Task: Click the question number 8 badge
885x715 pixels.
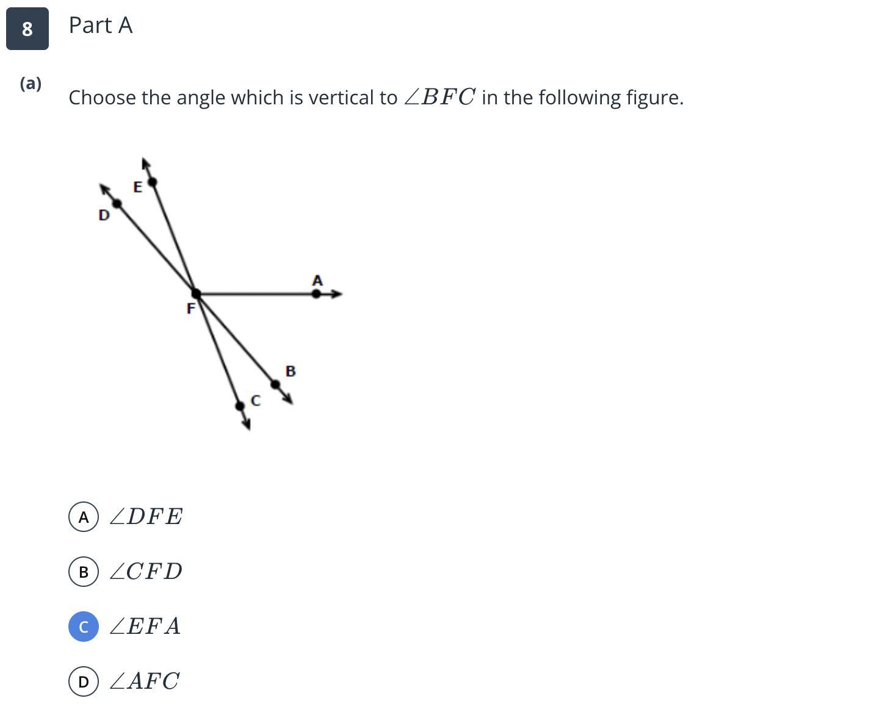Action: click(x=27, y=29)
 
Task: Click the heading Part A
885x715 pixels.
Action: click(x=101, y=26)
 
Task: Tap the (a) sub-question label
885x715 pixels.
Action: click(x=31, y=84)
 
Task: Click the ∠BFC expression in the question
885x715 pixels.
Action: click(x=439, y=98)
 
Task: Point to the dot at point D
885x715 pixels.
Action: click(x=117, y=203)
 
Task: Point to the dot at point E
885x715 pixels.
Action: click(x=153, y=182)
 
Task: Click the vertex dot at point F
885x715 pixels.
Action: click(x=196, y=293)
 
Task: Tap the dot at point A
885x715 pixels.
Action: click(x=316, y=293)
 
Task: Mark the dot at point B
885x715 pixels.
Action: click(x=275, y=384)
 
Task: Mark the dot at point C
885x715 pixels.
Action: click(x=240, y=406)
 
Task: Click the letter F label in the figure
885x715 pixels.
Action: click(x=190, y=309)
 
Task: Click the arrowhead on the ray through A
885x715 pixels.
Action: click(x=336, y=293)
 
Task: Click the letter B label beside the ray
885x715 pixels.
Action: click(x=291, y=371)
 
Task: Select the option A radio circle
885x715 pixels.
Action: click(x=84, y=517)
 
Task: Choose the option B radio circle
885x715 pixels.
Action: click(x=84, y=572)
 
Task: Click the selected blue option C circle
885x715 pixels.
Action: click(x=84, y=627)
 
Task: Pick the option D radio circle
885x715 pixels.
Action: click(x=84, y=681)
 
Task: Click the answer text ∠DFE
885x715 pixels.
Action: click(x=146, y=517)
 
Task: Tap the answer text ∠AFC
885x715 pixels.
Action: click(x=145, y=681)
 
